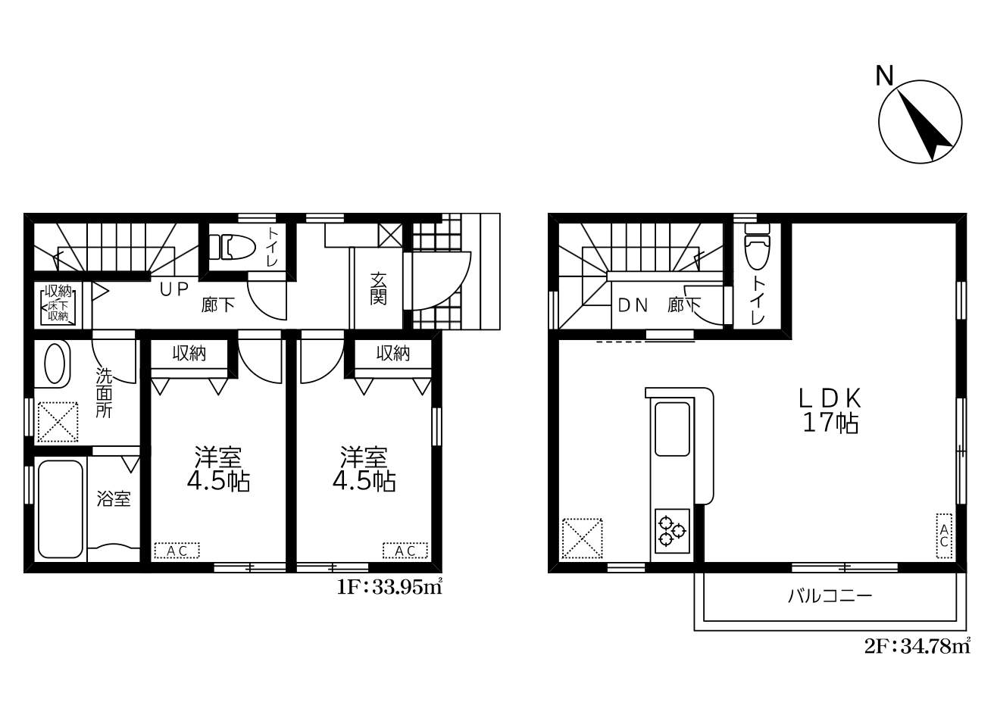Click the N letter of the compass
pos(884,76)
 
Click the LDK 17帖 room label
pos(830,411)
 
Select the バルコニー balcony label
pos(830,595)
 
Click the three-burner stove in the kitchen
pos(672,531)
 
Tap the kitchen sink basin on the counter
pos(672,429)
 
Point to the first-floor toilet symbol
pos(232,247)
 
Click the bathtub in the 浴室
pos(61,509)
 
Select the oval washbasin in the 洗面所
pos(55,364)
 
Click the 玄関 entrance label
pos(378,289)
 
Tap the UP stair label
pos(174,289)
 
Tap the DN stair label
pos(633,305)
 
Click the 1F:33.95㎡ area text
pos(389,587)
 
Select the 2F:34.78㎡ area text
pos(917,646)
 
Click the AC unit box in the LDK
pos(944,535)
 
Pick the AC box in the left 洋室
pos(177,551)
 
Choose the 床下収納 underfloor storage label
pos(58,311)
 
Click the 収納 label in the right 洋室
pos(393,354)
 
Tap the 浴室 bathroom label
pos(114,499)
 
